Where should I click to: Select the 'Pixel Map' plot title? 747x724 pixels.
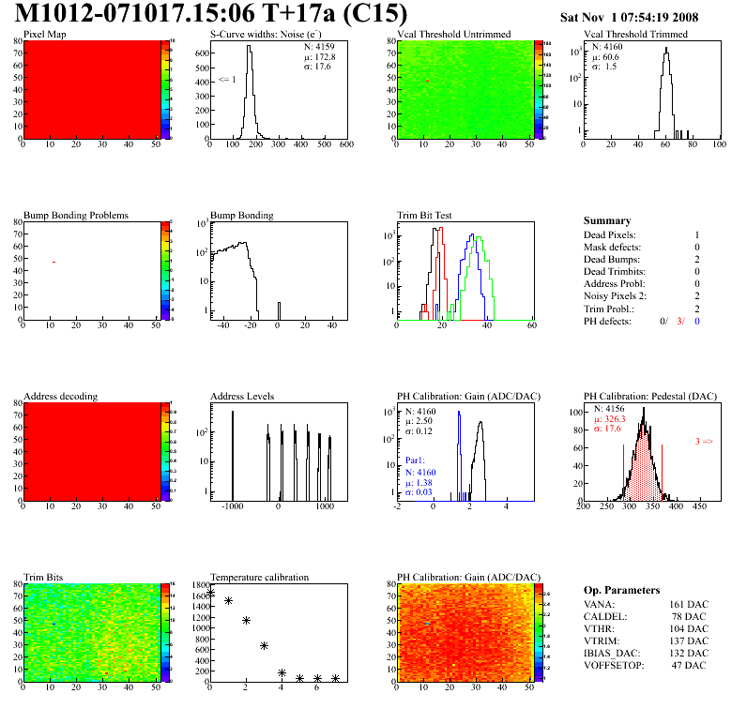[45, 35]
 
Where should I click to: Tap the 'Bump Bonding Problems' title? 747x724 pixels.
[76, 215]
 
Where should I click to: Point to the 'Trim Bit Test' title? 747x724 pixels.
[425, 215]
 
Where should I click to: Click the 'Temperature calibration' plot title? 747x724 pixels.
[260, 577]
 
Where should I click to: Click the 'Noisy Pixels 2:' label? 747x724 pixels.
[617, 295]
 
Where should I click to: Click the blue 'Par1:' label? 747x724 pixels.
[416, 461]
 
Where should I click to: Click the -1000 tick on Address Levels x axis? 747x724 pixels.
[233, 505]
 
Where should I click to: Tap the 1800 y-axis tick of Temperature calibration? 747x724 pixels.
[201, 584]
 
